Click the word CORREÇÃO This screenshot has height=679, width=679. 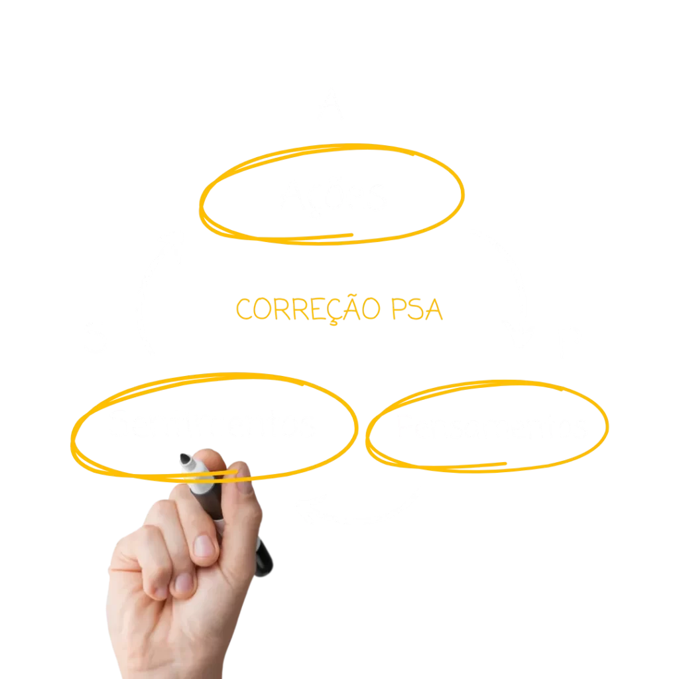[x=308, y=309]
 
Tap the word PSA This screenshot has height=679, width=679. [x=417, y=309]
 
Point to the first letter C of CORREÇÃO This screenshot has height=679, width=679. [x=243, y=309]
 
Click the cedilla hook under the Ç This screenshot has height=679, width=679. [x=334, y=322]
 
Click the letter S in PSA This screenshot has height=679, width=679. [x=416, y=309]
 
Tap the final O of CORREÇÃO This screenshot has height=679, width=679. [x=371, y=309]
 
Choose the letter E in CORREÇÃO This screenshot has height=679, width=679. [x=319, y=309]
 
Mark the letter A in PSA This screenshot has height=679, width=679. [x=434, y=309]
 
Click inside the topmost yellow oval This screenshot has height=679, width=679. [x=332, y=194]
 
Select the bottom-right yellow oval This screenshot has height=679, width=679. [x=487, y=426]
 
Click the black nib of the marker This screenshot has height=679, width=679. [x=186, y=459]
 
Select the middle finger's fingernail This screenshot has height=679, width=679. [x=204, y=546]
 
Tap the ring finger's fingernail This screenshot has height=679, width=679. [x=184, y=584]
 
